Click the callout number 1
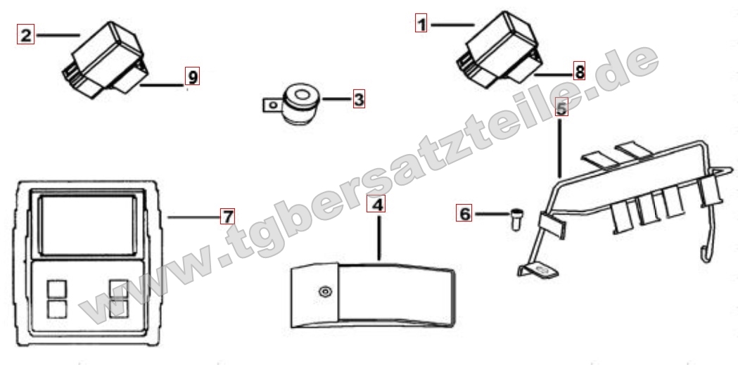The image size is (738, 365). (x=421, y=23)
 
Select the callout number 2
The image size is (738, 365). (x=25, y=34)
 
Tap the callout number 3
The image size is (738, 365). (x=359, y=99)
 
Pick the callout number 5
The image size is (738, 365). (x=561, y=107)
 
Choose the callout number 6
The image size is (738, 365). (x=464, y=213)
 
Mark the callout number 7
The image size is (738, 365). (x=227, y=217)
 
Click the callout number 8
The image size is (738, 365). (x=580, y=72)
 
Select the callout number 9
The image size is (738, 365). (x=192, y=76)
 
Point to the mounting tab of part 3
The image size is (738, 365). (x=272, y=104)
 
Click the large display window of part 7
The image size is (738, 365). (x=87, y=225)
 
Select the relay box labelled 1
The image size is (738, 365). (x=498, y=49)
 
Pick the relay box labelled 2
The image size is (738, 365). (x=106, y=60)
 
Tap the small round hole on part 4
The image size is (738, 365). (x=325, y=292)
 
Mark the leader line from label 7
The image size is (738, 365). (x=194, y=217)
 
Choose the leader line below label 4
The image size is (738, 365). (x=379, y=237)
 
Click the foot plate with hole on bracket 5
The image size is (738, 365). (x=538, y=270)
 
